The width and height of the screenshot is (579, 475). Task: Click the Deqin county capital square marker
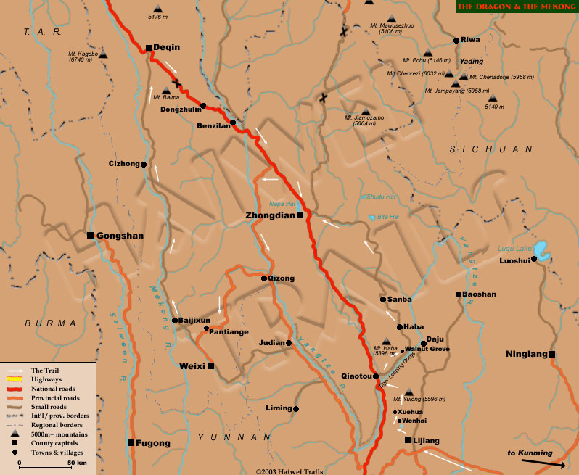coord(149,49)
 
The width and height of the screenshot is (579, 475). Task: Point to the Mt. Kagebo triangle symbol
coord(102,54)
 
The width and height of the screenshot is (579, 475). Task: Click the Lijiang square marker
coord(408,440)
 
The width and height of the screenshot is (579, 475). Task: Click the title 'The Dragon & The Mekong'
coord(515,7)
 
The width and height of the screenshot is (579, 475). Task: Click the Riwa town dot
coord(455,41)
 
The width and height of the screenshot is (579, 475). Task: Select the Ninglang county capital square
coord(552,354)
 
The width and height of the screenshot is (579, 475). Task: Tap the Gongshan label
coord(120,236)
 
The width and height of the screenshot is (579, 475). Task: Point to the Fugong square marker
coord(131,442)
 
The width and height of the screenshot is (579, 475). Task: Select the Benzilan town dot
coord(233,122)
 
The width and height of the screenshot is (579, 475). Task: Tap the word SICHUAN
coord(490,149)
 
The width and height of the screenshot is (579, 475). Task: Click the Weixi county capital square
coord(210,366)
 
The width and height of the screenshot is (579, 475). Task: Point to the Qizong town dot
coord(263,277)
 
